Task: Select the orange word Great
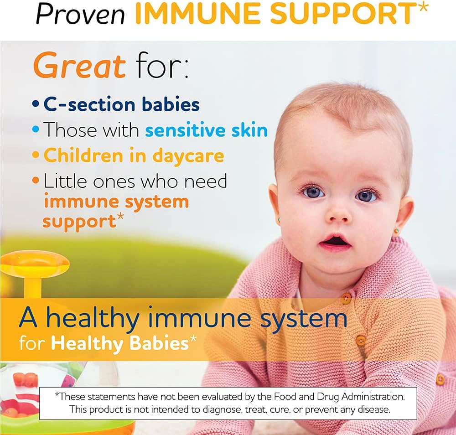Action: (79, 66)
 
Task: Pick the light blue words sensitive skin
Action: (207, 130)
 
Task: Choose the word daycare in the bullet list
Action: (188, 155)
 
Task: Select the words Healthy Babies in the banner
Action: (119, 343)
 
